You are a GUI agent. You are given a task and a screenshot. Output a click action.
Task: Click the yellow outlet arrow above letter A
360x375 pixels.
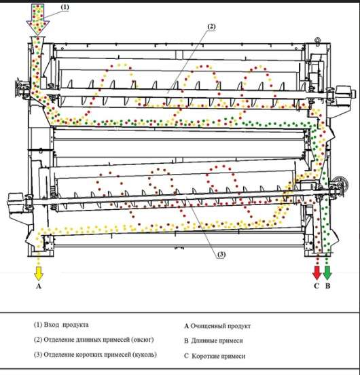tap(39, 273)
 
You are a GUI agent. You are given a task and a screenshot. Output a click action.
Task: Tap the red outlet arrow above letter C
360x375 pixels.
tap(317, 272)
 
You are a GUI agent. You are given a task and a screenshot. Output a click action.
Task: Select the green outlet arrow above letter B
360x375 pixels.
tap(327, 272)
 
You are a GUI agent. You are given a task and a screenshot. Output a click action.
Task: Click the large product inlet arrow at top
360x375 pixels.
tap(38, 20)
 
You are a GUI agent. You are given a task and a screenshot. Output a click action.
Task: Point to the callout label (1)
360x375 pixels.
tap(65, 7)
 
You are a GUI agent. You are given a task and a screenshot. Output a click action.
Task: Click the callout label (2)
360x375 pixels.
tap(211, 26)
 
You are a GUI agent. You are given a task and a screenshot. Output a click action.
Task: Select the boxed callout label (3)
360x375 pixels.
tap(221, 255)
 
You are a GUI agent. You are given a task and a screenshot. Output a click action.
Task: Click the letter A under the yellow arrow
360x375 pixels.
tap(39, 286)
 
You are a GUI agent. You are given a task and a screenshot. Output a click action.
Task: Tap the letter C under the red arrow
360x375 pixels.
tap(317, 286)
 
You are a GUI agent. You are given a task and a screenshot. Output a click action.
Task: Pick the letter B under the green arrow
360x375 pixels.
tap(327, 286)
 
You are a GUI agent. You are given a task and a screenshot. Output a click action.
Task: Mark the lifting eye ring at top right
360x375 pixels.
tap(317, 40)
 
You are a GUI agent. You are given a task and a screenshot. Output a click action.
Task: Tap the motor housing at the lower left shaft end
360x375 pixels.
tap(16, 200)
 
